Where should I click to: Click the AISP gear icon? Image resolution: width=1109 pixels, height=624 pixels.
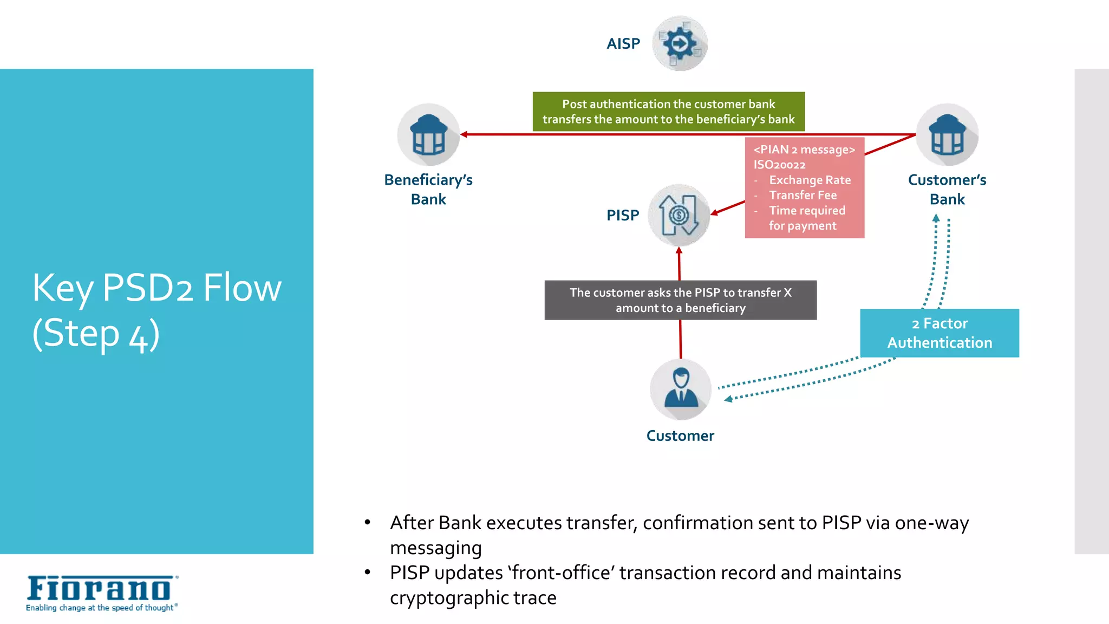(679, 43)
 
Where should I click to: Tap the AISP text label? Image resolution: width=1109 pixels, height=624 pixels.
(623, 44)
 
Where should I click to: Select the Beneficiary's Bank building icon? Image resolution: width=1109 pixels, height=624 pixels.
(428, 135)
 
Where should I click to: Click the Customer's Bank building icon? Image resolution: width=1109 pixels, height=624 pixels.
(947, 135)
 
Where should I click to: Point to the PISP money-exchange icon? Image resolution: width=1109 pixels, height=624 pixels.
(679, 215)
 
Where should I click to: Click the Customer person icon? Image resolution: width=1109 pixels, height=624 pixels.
(681, 389)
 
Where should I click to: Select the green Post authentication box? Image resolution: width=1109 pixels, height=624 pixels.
(668, 112)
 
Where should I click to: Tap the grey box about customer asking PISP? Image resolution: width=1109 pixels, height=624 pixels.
(680, 300)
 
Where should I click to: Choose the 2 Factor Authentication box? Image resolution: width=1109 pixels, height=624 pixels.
(940, 333)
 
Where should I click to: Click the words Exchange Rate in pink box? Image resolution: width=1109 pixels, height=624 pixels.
(810, 180)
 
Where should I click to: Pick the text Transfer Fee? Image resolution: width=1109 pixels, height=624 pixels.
(803, 195)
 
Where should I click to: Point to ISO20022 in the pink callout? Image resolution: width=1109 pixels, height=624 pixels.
(779, 165)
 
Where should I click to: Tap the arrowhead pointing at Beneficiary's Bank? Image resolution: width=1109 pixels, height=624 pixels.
(464, 134)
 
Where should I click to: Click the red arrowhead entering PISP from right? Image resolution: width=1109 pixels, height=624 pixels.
(714, 213)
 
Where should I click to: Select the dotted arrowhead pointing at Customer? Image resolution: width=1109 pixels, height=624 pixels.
(728, 399)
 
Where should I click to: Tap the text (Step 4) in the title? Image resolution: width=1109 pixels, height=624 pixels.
(96, 334)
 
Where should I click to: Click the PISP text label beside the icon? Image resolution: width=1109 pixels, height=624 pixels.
(623, 215)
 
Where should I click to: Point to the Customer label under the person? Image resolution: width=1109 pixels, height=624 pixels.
(680, 435)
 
